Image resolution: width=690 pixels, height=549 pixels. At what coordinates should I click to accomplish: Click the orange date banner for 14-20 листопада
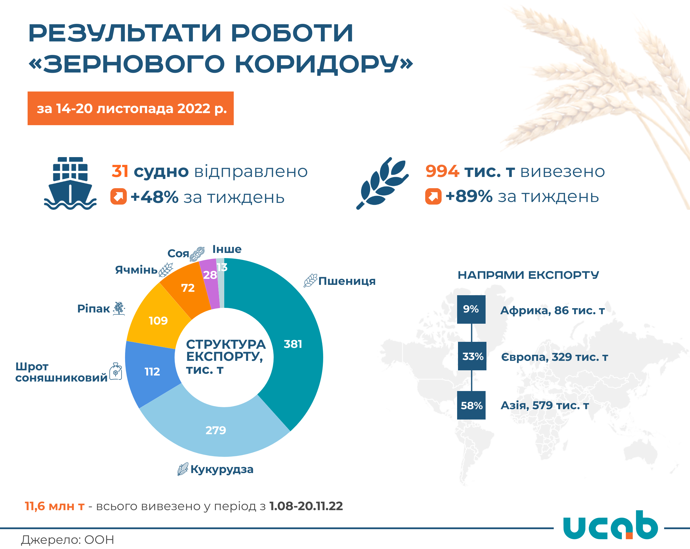point(131,108)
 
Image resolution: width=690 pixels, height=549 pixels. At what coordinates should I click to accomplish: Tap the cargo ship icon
point(70,183)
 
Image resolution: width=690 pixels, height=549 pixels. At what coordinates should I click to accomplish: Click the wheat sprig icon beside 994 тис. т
point(382,183)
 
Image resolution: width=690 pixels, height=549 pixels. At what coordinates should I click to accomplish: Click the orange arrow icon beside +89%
point(433,196)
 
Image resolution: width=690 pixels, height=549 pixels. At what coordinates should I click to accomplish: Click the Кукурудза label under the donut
point(222,469)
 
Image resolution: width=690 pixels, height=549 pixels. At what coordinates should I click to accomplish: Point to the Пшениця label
point(347,281)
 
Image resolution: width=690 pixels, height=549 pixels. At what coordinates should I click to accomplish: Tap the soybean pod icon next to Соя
point(197,254)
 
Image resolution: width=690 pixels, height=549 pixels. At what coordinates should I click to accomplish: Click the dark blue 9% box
point(471,309)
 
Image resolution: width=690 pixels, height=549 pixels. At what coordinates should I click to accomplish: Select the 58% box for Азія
point(471,405)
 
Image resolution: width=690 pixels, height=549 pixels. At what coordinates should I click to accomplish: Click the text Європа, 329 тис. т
point(555,357)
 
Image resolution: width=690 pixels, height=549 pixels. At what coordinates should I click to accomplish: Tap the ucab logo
point(610,525)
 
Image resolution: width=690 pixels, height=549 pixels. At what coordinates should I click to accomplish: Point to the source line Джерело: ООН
point(68,540)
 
